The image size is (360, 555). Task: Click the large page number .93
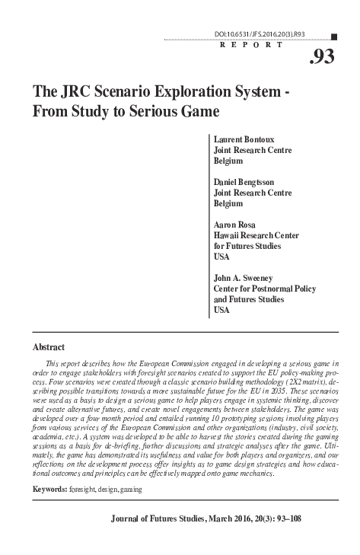pyautogui.click(x=322, y=57)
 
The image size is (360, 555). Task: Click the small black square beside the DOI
pyautogui.click(x=336, y=35)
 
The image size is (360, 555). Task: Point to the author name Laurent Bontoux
pyautogui.click(x=244, y=140)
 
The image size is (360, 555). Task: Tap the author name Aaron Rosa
pyautogui.click(x=234, y=225)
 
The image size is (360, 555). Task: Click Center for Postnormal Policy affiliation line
pyautogui.click(x=264, y=289)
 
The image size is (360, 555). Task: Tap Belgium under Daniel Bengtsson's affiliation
pyautogui.click(x=228, y=204)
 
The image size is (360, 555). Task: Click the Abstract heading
pyautogui.click(x=49, y=346)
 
